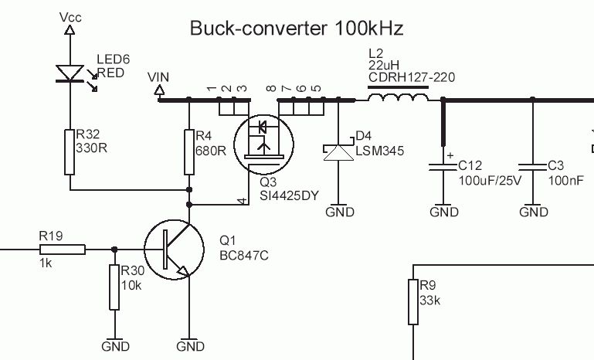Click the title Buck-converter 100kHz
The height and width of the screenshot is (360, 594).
pyautogui.click(x=297, y=29)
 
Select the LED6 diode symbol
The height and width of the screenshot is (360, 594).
pyautogui.click(x=70, y=73)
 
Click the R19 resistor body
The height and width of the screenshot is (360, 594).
pyautogui.click(x=62, y=249)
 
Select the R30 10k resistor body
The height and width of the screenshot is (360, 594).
pyautogui.click(x=114, y=287)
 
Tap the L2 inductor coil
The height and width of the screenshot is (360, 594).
pyautogui.click(x=398, y=98)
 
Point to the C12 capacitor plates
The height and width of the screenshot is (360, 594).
pyautogui.click(x=443, y=168)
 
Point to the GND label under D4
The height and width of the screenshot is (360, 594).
pyautogui.click(x=340, y=212)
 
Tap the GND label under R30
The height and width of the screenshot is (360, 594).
pyautogui.click(x=115, y=346)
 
